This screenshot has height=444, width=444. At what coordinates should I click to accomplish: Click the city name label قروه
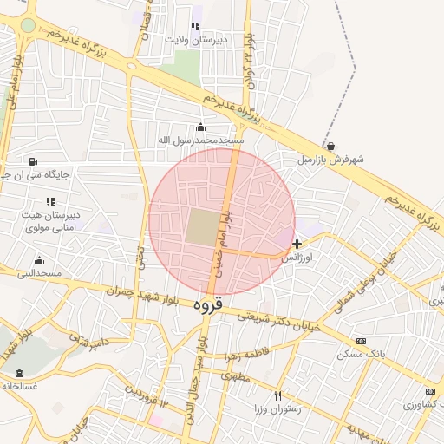(x=208, y=305)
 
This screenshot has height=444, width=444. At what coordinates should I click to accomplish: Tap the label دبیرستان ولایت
(x=197, y=39)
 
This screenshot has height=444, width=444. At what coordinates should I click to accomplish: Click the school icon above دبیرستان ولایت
(x=195, y=26)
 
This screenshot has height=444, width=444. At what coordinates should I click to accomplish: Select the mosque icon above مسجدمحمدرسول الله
(x=201, y=127)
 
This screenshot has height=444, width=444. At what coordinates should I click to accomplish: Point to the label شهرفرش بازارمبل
(x=330, y=160)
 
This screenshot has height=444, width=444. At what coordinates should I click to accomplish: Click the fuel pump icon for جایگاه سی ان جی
(x=34, y=160)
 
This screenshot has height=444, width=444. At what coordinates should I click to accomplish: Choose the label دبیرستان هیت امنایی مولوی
(x=49, y=220)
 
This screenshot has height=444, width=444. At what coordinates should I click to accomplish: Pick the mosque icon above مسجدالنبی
(x=39, y=260)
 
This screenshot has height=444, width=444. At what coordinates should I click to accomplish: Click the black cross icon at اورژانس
(x=297, y=245)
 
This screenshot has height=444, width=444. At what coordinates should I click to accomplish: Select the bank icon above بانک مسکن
(x=361, y=342)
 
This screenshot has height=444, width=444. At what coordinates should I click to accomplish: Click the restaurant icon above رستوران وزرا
(x=277, y=395)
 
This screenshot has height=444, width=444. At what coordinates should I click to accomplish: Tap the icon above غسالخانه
(x=19, y=373)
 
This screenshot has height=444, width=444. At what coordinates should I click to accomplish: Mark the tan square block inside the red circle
(x=203, y=226)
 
